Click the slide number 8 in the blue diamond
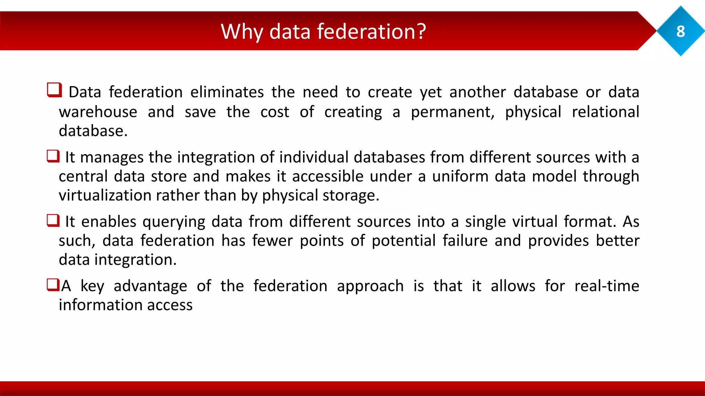tap(681, 32)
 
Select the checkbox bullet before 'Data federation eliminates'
tap(54, 90)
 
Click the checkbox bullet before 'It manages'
tap(53, 156)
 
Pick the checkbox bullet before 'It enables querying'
tap(53, 220)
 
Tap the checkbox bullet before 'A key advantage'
tap(53, 285)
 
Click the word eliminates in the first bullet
tap(227, 92)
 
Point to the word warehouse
tap(98, 112)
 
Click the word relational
tap(605, 112)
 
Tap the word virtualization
tap(105, 195)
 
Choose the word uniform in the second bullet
tap(460, 176)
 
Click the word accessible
tap(328, 176)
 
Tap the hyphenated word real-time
tap(607, 286)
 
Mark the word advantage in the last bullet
tap(150, 286)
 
